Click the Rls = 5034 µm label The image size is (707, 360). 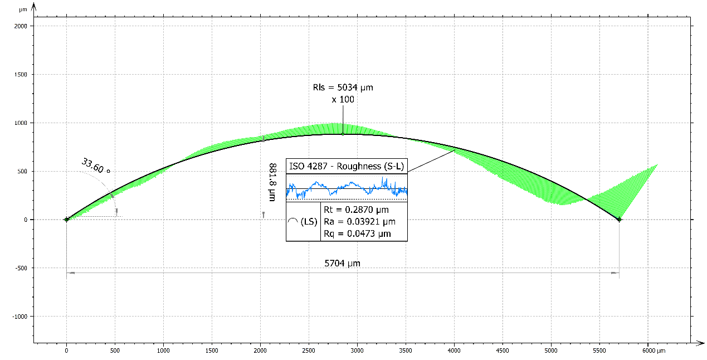[x=343, y=87]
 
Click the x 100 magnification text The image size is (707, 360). [x=343, y=99]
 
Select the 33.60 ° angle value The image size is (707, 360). [x=96, y=166]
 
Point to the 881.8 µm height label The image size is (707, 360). [x=272, y=182]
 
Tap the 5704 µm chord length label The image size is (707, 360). [x=342, y=263]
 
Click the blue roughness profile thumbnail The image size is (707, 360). [x=347, y=188]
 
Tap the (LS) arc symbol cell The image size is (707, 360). [x=303, y=222]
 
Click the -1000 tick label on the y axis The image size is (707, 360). [x=20, y=317]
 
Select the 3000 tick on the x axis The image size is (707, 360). [x=357, y=351]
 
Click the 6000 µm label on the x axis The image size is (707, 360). [x=652, y=351]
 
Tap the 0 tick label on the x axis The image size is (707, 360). [x=66, y=351]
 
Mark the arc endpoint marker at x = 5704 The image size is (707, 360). [x=619, y=220]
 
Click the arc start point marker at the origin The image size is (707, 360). [x=66, y=220]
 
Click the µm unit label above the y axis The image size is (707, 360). [x=22, y=9]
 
